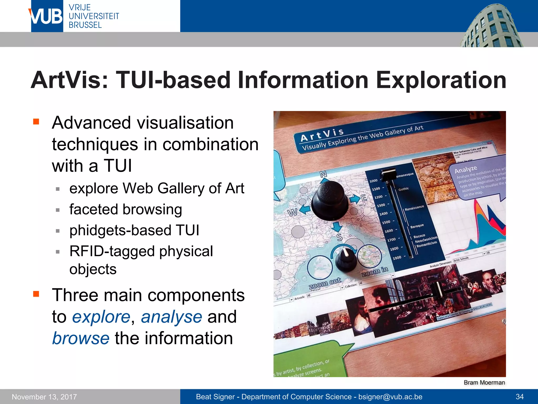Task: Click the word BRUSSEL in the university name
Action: (x=85, y=25)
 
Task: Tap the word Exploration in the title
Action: (x=441, y=80)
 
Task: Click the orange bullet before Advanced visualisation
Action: (x=36, y=122)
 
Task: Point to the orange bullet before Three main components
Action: (x=36, y=294)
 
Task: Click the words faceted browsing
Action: (x=126, y=209)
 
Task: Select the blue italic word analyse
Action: (x=171, y=317)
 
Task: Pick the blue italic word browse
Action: (x=81, y=338)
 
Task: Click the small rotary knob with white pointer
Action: (x=346, y=259)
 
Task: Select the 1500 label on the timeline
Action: (x=386, y=222)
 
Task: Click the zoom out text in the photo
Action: (x=325, y=283)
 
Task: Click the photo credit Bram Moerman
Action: (x=484, y=382)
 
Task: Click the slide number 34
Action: (x=519, y=397)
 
